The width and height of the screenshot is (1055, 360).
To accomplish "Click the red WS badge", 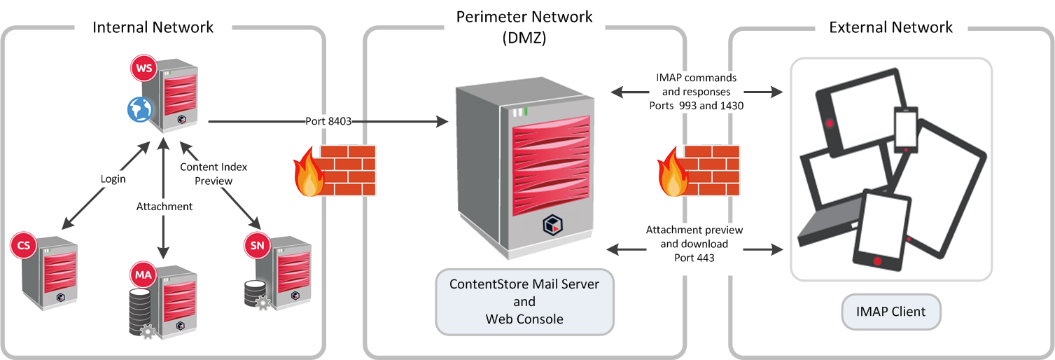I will coord(144,69).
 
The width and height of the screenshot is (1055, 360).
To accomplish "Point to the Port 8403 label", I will coord(328,121).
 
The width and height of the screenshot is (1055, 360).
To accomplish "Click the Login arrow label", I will coord(113,179).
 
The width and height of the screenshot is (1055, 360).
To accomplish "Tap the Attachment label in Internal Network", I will coord(164,207).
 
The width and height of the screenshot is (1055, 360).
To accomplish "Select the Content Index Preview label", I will coord(214,173).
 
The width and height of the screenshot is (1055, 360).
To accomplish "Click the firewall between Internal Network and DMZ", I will coord(334,171).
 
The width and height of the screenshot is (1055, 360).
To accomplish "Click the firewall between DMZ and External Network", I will coord(698,171).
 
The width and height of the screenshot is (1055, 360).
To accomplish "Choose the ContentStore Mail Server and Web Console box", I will coord(524,302).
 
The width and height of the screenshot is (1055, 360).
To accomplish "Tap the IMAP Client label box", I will coord(890,312).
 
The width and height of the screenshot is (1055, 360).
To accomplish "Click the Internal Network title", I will coord(153,27).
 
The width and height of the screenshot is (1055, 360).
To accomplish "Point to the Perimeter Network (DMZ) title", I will coord(524,27).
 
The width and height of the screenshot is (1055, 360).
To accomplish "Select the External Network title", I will coord(890,27).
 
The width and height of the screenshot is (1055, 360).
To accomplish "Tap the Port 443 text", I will coord(694,257).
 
